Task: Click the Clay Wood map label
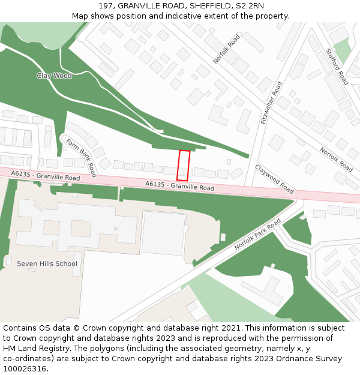tap(54, 76)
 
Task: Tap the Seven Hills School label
tap(47, 263)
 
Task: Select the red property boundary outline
tap(184, 166)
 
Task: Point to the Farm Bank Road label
tap(81, 158)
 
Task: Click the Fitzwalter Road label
tap(271, 103)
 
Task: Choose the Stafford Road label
tap(337, 67)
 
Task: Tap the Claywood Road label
tap(274, 179)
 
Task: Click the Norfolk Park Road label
tap(257, 235)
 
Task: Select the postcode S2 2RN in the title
tap(248, 6)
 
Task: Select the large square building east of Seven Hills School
tap(163, 233)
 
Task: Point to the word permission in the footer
tap(303, 338)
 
